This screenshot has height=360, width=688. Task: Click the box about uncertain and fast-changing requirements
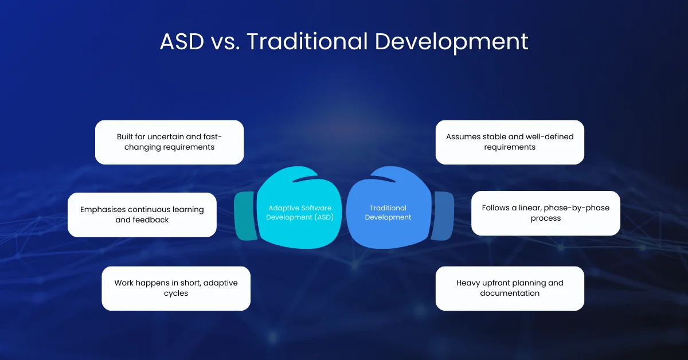pyautogui.click(x=169, y=142)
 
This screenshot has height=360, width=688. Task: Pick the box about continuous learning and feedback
pyautogui.click(x=142, y=214)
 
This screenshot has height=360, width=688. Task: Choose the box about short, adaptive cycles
pyautogui.click(x=176, y=288)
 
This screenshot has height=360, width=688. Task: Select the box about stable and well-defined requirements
pyautogui.click(x=510, y=142)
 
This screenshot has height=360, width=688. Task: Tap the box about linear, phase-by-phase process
pyautogui.click(x=545, y=213)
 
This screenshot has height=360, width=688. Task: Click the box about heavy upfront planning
pyautogui.click(x=510, y=288)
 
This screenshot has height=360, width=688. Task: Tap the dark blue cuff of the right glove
pyautogui.click(x=442, y=216)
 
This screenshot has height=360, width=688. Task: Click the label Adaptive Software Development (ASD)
pyautogui.click(x=299, y=213)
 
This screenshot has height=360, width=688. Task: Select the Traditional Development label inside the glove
pyautogui.click(x=388, y=213)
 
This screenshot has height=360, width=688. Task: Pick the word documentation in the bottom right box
pyautogui.click(x=510, y=293)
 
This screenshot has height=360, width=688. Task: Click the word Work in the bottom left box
pyautogui.click(x=124, y=283)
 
